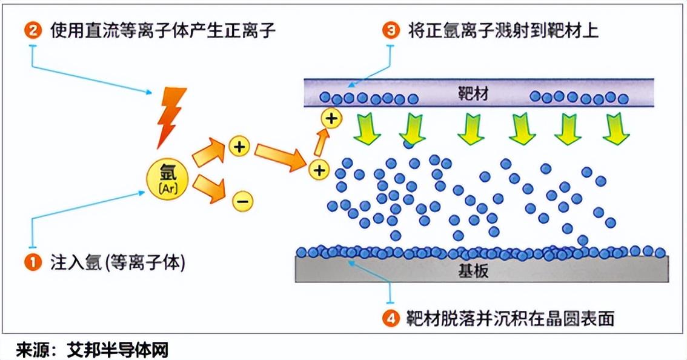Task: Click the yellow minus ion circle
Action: pyautogui.click(x=242, y=201)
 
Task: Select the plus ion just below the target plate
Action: pyautogui.click(x=331, y=118)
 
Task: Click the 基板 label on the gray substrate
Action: pyautogui.click(x=473, y=271)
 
